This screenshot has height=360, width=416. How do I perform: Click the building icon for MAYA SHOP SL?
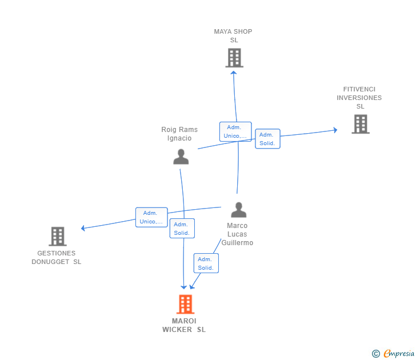[234, 58]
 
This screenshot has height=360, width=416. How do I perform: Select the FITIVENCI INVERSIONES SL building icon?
[361, 124]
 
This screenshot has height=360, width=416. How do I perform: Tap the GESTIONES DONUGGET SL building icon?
[58, 237]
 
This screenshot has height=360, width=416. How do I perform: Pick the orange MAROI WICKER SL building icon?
[186, 305]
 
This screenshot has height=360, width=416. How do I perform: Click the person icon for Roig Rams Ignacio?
[181, 157]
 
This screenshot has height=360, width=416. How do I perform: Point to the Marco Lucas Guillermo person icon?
[239, 210]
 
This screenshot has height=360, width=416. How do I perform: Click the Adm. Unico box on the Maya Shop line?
[235, 131]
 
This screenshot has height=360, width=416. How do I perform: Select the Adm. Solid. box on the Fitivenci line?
[267, 139]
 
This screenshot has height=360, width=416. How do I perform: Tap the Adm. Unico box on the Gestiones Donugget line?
[151, 217]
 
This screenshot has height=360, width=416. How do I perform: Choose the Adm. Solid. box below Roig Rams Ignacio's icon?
[182, 228]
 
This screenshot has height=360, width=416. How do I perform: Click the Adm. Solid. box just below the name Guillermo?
[206, 263]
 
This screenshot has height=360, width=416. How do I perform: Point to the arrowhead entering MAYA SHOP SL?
[234, 73]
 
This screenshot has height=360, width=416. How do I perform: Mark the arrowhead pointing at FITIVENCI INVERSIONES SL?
[335, 130]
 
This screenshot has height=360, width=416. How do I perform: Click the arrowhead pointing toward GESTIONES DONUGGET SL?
[83, 228]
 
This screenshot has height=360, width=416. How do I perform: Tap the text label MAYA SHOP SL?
[233, 36]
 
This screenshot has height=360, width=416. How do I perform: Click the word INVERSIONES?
[359, 98]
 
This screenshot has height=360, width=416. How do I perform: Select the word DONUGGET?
[50, 262]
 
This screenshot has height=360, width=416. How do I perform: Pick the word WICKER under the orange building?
[177, 330]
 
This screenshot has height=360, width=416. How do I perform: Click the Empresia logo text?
[399, 353]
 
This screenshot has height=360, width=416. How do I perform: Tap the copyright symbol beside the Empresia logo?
[375, 354]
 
